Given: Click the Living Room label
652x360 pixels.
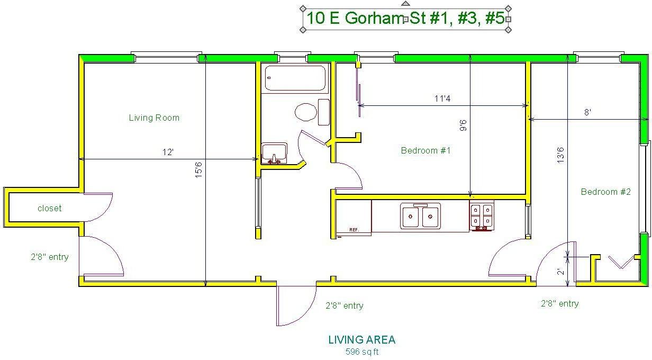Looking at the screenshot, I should [154, 118].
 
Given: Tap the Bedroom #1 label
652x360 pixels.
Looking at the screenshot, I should [425, 150].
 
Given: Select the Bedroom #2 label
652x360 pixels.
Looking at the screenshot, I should [605, 192].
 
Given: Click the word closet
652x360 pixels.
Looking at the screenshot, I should [49, 208].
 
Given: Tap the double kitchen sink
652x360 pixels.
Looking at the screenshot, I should [420, 216].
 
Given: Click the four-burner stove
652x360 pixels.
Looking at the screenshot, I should [481, 216].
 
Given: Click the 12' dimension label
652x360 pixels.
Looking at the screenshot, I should [168, 152].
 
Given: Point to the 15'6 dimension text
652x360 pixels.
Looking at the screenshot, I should [198, 169].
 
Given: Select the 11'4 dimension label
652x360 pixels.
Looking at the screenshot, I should [442, 98].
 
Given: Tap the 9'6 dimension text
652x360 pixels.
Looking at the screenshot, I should [463, 126].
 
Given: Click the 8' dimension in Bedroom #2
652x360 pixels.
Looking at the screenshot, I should [587, 112].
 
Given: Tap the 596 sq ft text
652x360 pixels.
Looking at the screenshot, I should [362, 352].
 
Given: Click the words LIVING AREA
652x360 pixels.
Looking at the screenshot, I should [362, 340].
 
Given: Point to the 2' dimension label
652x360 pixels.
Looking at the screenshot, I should [560, 273].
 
